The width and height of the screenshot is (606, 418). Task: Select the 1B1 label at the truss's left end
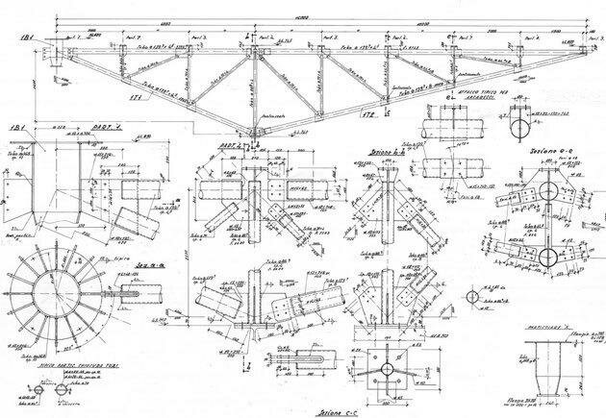point(29,37)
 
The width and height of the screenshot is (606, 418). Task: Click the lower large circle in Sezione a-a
point(549,258)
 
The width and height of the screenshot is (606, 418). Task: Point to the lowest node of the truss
point(253,132)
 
